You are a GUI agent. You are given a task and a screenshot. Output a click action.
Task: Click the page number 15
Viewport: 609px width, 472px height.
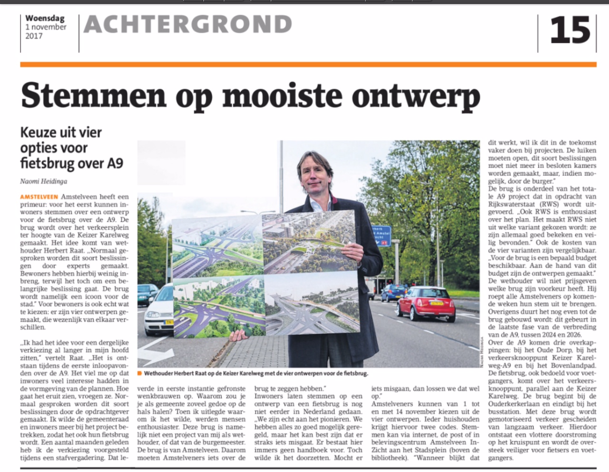(x=570, y=31)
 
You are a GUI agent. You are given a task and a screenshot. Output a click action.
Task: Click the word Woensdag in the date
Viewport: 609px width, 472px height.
(x=45, y=19)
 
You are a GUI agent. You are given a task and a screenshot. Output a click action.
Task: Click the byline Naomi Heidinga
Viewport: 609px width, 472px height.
(x=44, y=181)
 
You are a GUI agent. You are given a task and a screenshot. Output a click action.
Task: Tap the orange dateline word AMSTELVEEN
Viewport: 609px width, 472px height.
(x=39, y=197)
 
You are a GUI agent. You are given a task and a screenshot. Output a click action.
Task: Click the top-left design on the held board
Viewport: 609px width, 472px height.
(x=216, y=247)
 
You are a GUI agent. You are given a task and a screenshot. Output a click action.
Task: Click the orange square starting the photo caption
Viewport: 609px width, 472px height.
(x=139, y=374)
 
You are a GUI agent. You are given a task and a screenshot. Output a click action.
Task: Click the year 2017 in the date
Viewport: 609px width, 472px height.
(x=34, y=36)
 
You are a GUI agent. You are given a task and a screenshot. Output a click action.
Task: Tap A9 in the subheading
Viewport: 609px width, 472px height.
(x=115, y=163)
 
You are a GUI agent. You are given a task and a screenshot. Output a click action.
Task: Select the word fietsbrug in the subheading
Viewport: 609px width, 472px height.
(x=47, y=163)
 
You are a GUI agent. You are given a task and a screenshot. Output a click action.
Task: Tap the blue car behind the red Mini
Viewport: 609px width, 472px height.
(x=393, y=292)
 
